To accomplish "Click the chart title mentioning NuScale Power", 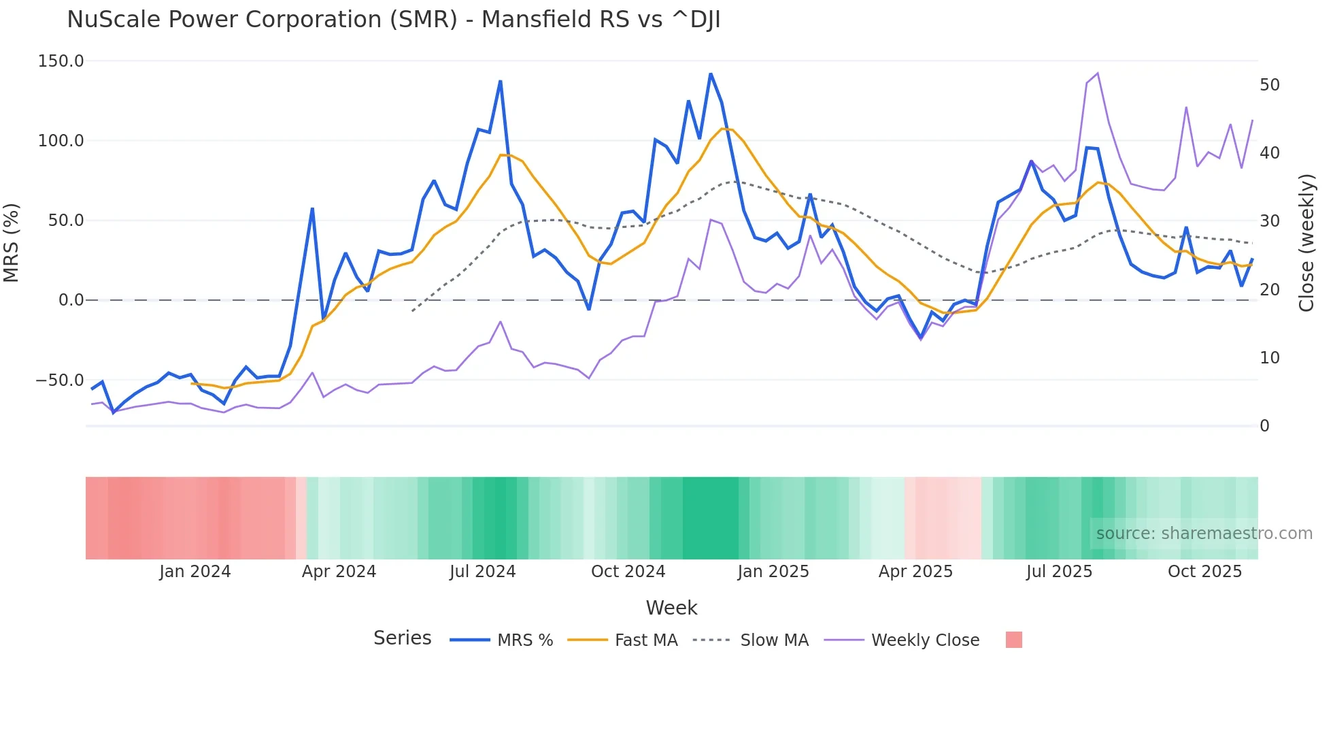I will click(393, 20).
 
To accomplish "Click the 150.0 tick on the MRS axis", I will click(61, 61).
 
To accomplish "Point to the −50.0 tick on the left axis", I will click(59, 380).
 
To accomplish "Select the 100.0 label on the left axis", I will click(61, 141).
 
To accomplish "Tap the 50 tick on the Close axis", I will click(1269, 85).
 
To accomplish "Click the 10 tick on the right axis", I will click(1269, 358).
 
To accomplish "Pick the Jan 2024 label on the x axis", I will click(195, 572).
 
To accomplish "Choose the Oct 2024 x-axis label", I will click(628, 572).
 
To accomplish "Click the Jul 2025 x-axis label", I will click(1059, 572).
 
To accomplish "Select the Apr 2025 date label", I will click(915, 572).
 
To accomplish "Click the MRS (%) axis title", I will click(12, 243).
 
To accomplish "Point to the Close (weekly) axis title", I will click(1306, 243).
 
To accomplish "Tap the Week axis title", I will click(671, 608).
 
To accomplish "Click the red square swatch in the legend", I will click(1013, 640).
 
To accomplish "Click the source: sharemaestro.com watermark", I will click(1204, 534).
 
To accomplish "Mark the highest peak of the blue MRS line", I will click(711, 74).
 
